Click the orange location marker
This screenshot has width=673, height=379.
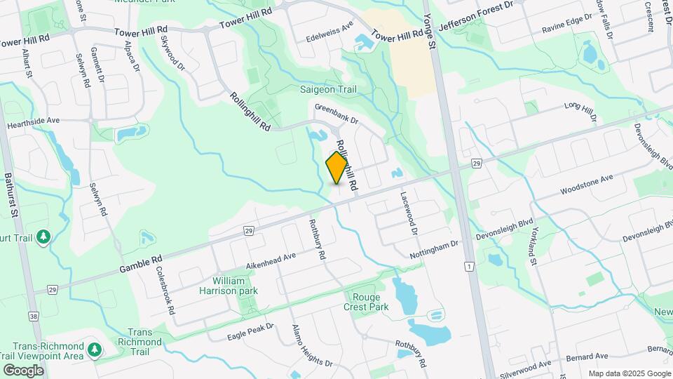[337, 168]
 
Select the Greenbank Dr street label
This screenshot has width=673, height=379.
[336, 114]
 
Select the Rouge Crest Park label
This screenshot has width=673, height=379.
[366, 302]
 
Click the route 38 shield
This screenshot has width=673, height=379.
[33, 317]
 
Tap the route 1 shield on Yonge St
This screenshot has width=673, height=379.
[468, 266]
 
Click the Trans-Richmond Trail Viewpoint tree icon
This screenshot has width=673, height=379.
[95, 349]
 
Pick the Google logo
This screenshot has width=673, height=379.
[23, 370]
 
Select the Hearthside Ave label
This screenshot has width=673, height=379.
[34, 121]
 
